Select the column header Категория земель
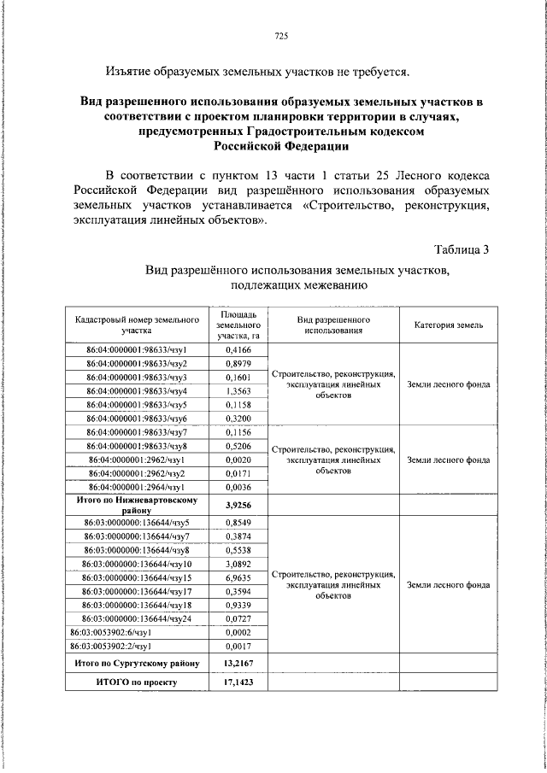tap(449, 325)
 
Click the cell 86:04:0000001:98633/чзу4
tap(137, 390)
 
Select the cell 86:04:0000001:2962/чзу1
tap(137, 459)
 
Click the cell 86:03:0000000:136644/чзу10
tap(137, 564)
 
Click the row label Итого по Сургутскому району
tap(137, 663)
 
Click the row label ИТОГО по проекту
tap(137, 683)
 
